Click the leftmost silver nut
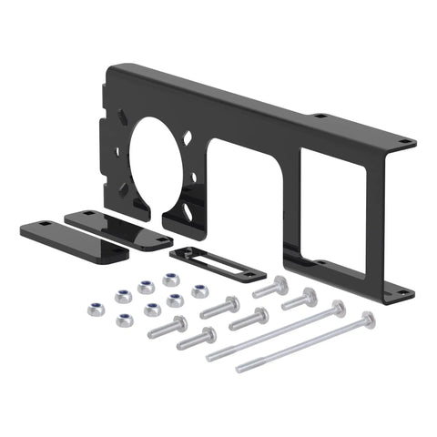(94, 310)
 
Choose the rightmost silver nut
(199, 291)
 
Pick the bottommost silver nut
(123, 320)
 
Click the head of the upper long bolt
(338, 307)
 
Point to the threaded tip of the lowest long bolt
(242, 370)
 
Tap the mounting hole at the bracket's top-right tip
(401, 143)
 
